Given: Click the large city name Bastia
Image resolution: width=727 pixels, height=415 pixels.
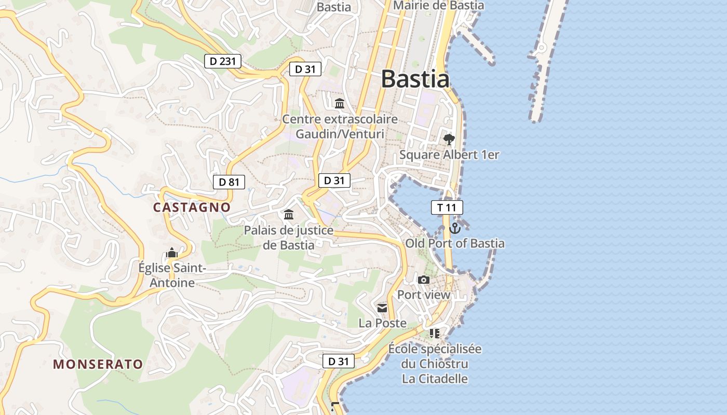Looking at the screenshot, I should (x=415, y=79).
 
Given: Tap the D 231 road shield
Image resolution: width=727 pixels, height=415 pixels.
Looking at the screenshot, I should (x=223, y=61).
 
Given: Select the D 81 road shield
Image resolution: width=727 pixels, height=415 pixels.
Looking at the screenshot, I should (x=229, y=182).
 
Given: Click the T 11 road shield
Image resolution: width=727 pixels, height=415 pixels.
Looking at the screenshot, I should (x=447, y=208).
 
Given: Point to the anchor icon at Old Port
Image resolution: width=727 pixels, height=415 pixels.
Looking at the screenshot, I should (x=455, y=228).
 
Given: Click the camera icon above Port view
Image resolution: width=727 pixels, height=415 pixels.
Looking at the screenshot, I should (x=424, y=280).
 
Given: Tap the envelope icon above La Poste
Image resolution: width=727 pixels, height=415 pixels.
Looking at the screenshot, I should (x=383, y=308).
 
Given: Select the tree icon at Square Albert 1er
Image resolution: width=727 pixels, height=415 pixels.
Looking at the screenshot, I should (x=449, y=139).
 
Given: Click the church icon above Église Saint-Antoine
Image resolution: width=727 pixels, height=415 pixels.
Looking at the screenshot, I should (x=172, y=253).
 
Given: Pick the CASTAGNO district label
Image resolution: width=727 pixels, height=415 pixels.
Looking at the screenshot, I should (x=192, y=207).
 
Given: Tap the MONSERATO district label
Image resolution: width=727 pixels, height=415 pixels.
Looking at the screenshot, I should (x=98, y=364).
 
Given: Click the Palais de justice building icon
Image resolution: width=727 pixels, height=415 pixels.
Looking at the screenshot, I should (x=289, y=214).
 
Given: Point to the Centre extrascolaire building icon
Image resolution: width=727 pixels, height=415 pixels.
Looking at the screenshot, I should (x=340, y=103).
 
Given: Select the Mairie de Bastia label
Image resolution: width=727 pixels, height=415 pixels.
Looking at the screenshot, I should (x=439, y=6).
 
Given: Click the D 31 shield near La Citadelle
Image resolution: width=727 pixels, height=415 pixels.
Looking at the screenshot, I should (x=339, y=361).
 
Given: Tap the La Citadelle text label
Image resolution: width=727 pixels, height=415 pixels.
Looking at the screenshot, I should (x=435, y=379).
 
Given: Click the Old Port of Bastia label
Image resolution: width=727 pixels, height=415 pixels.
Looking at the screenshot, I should (x=455, y=243).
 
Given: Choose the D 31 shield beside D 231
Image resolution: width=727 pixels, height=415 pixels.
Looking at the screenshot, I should (x=305, y=68).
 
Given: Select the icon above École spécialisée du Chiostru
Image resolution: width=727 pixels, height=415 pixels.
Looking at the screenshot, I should (x=435, y=333).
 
